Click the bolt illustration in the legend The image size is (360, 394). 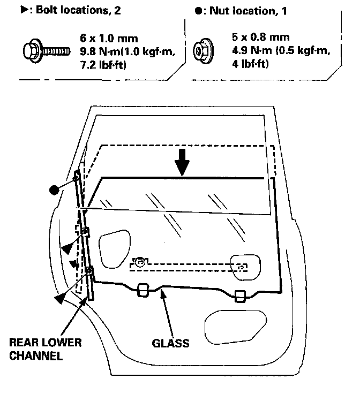[45, 51]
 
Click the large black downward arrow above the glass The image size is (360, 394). [183, 162]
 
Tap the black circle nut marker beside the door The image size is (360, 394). [54, 190]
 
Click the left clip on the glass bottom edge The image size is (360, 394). [142, 290]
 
